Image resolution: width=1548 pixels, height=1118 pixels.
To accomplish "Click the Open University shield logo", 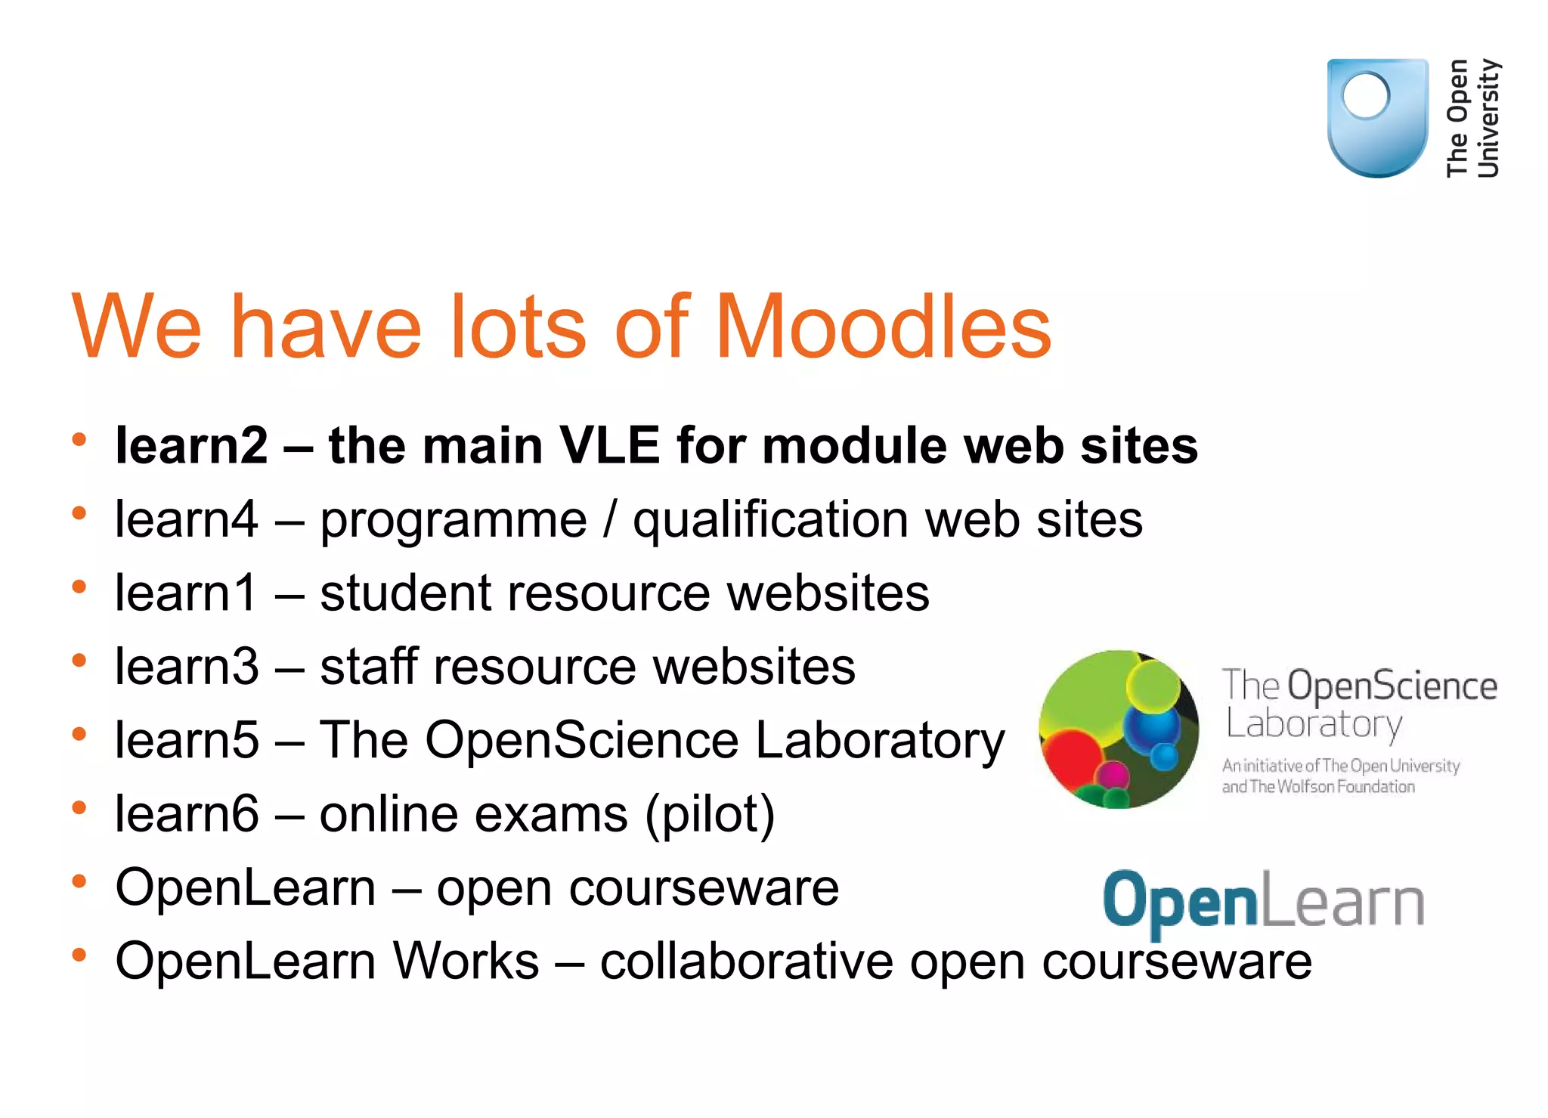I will tap(1377, 118).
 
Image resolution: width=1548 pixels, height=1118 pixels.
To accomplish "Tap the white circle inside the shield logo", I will tap(1365, 96).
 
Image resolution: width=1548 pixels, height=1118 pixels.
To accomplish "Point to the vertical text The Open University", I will tap(1472, 118).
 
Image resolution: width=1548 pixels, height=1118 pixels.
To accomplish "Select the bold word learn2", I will tap(191, 445).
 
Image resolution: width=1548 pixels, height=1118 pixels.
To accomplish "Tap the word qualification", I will tap(771, 520).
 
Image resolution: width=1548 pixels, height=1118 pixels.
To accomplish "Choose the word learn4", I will tap(187, 520).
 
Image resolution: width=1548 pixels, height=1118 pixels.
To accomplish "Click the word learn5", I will tap(187, 740).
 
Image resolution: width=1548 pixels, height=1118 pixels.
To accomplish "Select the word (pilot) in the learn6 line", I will tap(710, 815).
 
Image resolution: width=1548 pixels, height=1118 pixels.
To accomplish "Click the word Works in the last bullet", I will tap(466, 962).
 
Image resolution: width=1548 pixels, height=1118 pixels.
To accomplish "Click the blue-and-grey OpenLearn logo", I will tap(1263, 902).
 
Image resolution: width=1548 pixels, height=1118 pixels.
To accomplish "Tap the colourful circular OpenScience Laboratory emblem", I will tap(1119, 729).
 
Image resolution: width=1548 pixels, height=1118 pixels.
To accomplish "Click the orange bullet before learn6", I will tap(79, 808).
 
